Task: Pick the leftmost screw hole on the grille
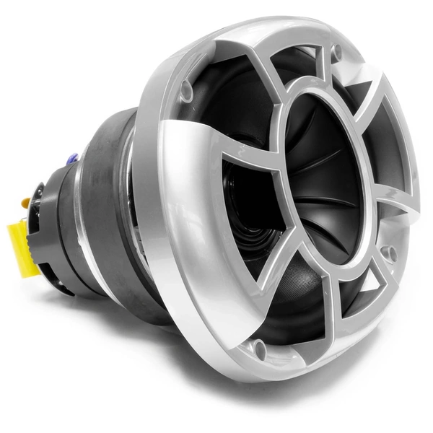pos(185,89)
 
